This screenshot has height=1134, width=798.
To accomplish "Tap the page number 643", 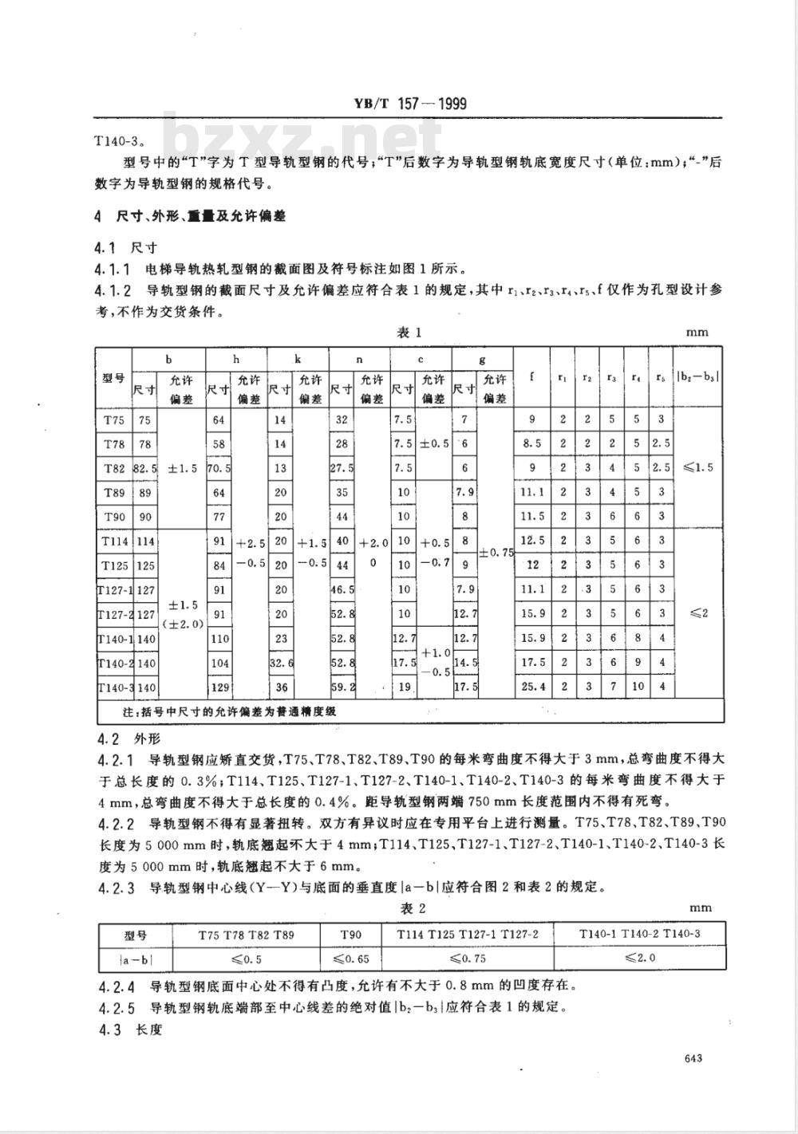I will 693,1057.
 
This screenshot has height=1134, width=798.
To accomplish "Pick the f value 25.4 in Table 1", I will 532,687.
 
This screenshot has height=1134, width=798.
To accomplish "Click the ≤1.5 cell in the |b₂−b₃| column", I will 699,468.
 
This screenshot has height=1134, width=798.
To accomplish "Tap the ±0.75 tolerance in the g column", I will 495,553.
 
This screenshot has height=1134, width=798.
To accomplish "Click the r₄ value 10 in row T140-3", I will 638,687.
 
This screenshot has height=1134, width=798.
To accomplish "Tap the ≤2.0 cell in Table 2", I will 640,958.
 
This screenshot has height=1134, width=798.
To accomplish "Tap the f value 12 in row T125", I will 532,565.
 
